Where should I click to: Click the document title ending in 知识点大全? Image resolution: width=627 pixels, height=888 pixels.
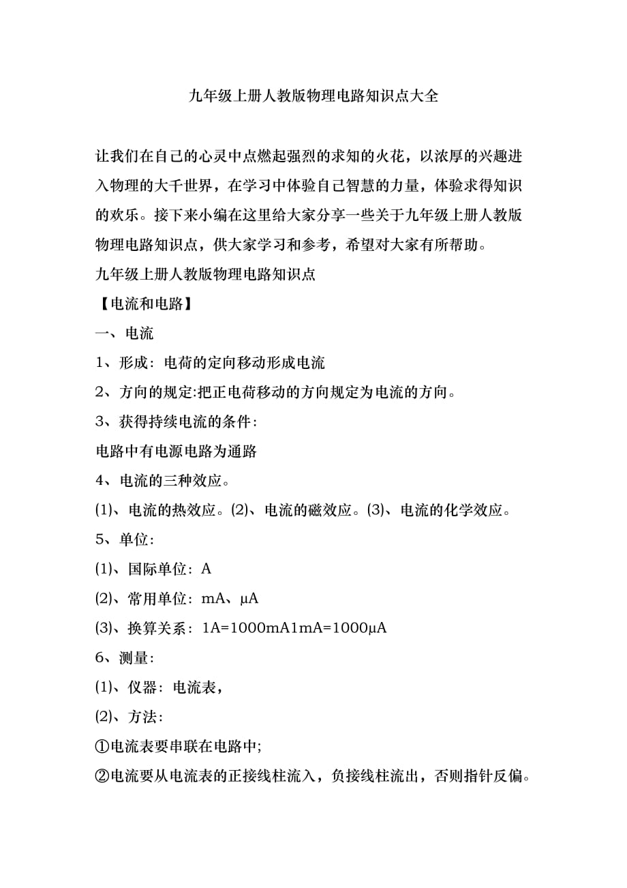313,96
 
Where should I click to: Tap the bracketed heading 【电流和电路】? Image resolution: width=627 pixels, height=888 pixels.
144,304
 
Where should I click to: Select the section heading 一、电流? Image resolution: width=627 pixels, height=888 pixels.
125,334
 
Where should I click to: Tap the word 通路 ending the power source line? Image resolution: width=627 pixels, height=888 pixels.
241,451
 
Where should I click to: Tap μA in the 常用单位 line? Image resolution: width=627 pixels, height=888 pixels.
249,599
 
